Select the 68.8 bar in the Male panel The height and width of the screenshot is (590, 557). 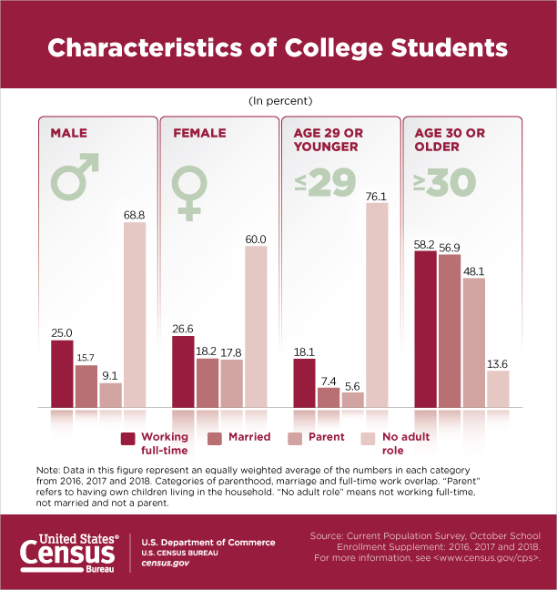click(x=135, y=314)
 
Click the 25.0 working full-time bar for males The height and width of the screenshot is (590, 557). click(x=62, y=373)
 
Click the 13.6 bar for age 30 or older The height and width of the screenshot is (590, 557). click(x=498, y=389)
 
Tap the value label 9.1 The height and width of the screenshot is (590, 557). click(x=110, y=373)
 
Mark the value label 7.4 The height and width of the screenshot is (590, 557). click(x=328, y=379)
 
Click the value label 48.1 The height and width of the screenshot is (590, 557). click(x=473, y=270)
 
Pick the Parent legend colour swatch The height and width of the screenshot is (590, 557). click(x=295, y=437)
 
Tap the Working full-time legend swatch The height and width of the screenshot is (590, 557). click(x=128, y=437)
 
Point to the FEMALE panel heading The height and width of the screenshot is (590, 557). click(x=198, y=133)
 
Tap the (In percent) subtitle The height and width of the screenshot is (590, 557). click(x=278, y=100)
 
